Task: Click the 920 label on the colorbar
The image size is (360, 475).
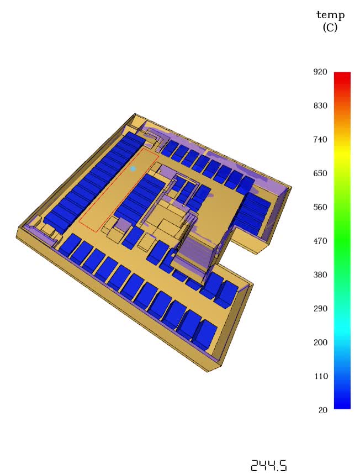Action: coord(320,72)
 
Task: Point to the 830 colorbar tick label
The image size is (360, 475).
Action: coord(320,105)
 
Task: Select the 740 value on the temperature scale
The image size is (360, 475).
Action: coord(320,140)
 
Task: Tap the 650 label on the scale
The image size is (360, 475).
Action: coord(320,173)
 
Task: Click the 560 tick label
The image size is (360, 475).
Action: coord(320,207)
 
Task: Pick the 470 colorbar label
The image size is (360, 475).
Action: coord(320,241)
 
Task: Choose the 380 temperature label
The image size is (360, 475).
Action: coord(320,275)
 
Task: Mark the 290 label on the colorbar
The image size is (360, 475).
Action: coord(320,309)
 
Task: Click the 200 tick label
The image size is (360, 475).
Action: coord(320,342)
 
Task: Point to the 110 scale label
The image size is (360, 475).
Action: coord(320,376)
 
